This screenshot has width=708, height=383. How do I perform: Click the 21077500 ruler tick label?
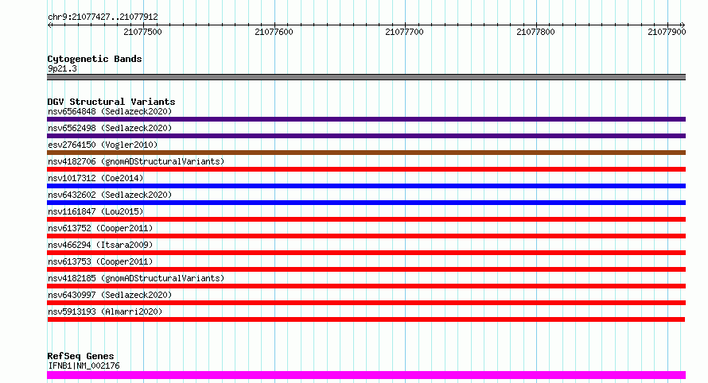coord(142,32)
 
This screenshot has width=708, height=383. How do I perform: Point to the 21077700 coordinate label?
coord(405,32)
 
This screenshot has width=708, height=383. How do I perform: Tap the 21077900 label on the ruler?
coord(667,32)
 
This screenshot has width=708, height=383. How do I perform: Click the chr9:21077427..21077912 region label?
coord(103,17)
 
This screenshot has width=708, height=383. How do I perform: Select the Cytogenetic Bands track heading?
coord(95,59)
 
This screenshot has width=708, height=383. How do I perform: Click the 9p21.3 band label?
coord(62,68)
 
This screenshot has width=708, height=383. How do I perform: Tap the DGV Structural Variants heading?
coord(111,102)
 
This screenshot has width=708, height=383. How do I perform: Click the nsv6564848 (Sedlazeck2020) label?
coord(110,111)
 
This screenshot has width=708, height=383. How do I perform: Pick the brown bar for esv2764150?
coord(366,153)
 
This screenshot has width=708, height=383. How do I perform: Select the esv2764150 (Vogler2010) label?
coord(103,145)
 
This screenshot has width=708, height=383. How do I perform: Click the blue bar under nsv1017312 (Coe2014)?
coord(366,186)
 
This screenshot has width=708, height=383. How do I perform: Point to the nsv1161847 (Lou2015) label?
coord(95,211)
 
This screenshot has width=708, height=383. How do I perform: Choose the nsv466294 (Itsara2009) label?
coord(100,245)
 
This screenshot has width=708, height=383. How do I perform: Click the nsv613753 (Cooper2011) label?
coord(100,261)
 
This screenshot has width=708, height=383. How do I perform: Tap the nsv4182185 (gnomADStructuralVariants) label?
coord(136,278)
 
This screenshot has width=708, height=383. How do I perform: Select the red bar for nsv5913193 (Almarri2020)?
coord(366,319)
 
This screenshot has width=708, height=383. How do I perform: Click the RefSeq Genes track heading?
coord(80,356)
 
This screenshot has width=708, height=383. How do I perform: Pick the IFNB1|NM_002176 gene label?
coord(84,366)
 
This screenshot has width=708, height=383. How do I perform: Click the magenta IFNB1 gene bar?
coord(366,375)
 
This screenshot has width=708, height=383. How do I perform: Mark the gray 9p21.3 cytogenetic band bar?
coord(366,77)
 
